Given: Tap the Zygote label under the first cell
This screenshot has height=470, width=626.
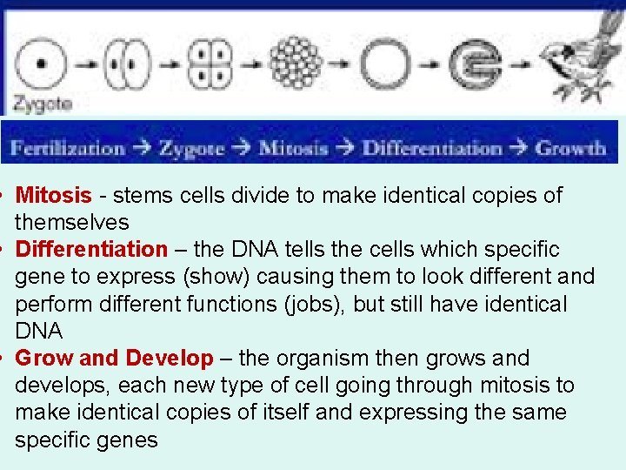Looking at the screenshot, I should tap(42, 104).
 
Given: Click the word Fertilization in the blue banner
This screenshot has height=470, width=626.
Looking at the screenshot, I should tap(68, 147).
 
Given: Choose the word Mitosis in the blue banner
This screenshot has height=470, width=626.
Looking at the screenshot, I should tap(294, 147).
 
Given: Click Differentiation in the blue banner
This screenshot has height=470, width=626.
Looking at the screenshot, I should tap(432, 147).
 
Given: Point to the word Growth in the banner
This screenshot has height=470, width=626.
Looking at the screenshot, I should tap(571, 147).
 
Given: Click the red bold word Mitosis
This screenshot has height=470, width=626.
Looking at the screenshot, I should tap(53, 196).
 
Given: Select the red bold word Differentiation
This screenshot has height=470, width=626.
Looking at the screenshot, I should tap(91, 250).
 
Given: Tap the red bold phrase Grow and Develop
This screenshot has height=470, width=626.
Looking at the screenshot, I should tap(114, 359).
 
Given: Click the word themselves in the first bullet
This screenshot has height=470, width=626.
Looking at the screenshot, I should tap(71, 223).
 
